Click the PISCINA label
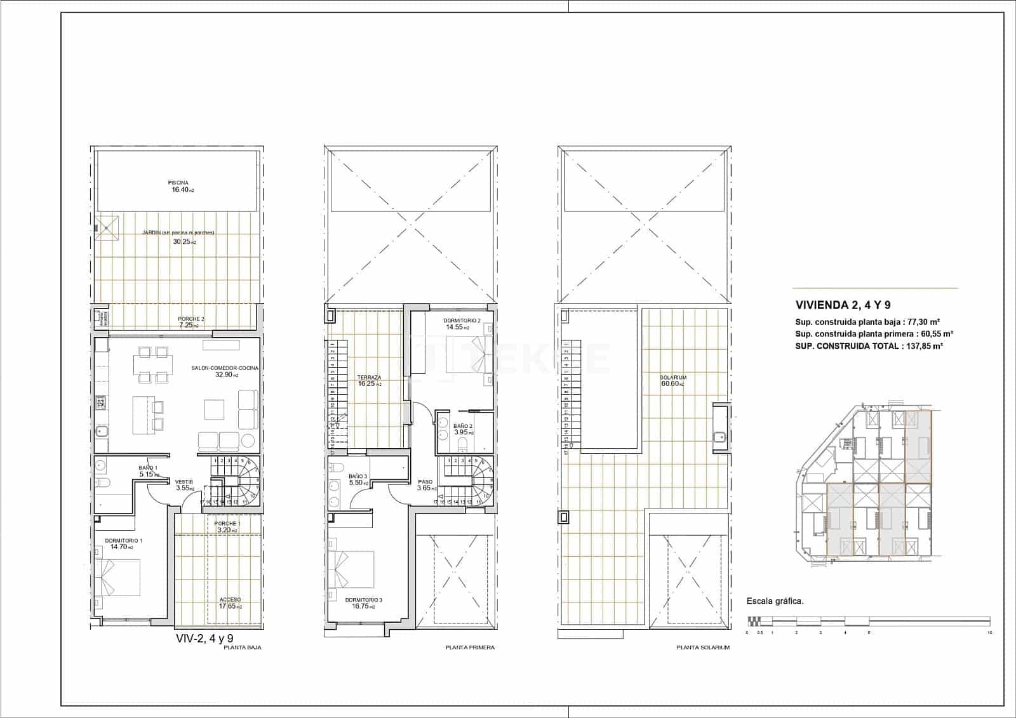pyautogui.click(x=178, y=183)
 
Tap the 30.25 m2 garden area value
pyautogui.click(x=185, y=242)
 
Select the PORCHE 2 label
pyautogui.click(x=191, y=319)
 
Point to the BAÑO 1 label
pyautogui.click(x=148, y=468)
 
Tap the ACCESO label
pyautogui.click(x=230, y=600)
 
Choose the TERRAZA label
pyautogui.click(x=369, y=378)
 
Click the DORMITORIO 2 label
pyautogui.click(x=462, y=321)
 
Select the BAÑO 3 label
pyautogui.click(x=358, y=476)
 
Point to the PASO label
pyautogui.click(x=425, y=482)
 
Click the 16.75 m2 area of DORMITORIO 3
pyautogui.click(x=364, y=606)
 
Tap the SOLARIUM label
pyautogui.click(x=673, y=378)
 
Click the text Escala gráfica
pyautogui.click(x=775, y=601)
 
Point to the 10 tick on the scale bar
pyautogui.click(x=989, y=633)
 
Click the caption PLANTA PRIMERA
pyautogui.click(x=470, y=648)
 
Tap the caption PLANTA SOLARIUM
pyautogui.click(x=703, y=648)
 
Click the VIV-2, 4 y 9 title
pyautogui.click(x=204, y=639)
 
